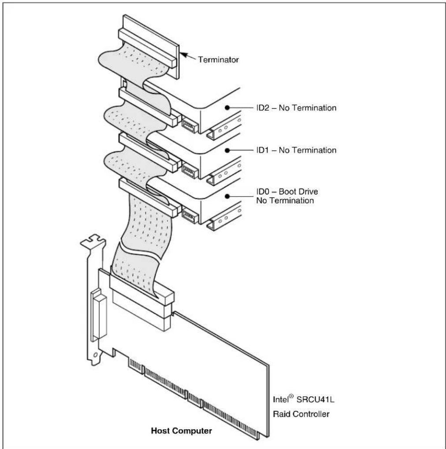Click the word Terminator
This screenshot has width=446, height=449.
pyautogui.click(x=218, y=59)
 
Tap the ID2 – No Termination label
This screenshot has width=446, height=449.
pyautogui.click(x=296, y=108)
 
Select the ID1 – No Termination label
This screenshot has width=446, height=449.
pyautogui.click(x=296, y=150)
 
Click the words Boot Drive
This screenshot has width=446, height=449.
pyautogui.click(x=298, y=192)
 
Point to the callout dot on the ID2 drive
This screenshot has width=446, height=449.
pyautogui.click(x=227, y=108)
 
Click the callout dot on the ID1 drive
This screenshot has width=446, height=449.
pyautogui.click(x=227, y=150)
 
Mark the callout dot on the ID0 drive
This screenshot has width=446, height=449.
pyautogui.click(x=227, y=196)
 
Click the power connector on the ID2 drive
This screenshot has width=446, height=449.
pyautogui.click(x=190, y=126)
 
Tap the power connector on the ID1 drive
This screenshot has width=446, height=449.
pyautogui.click(x=190, y=171)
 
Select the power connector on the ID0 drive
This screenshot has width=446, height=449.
pyautogui.click(x=190, y=216)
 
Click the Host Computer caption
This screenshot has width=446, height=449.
pyautogui.click(x=182, y=431)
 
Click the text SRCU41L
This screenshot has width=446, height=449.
pyautogui.click(x=315, y=399)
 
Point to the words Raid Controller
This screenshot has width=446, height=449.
pyautogui.click(x=301, y=414)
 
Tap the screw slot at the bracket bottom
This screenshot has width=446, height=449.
pyautogui.click(x=96, y=355)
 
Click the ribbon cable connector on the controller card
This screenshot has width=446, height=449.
pyautogui.click(x=141, y=289)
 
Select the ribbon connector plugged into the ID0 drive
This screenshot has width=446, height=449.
pyautogui.click(x=148, y=197)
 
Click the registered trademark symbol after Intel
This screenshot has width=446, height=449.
pyautogui.click(x=291, y=396)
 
